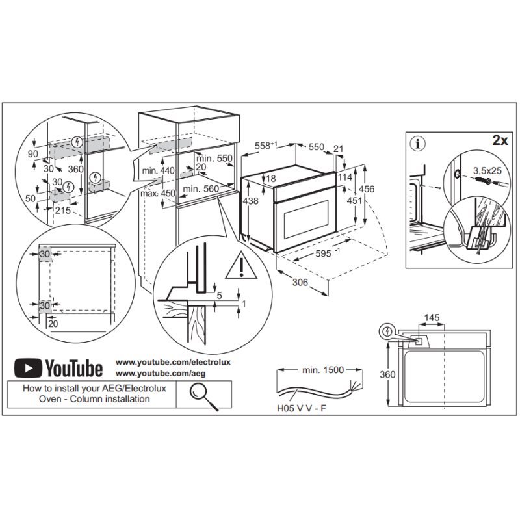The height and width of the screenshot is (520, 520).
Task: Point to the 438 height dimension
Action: coord(250,201)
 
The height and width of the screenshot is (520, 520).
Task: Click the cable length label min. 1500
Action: coord(323,370)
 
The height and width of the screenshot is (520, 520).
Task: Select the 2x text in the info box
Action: coord(500,140)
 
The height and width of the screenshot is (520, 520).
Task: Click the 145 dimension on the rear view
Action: coord(432,318)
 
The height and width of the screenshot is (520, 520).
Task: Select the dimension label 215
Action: coord(63,211)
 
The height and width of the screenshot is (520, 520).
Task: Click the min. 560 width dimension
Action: coord(200,189)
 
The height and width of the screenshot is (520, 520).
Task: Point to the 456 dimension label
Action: coord(367,188)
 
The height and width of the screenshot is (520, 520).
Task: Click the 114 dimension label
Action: coord(345,177)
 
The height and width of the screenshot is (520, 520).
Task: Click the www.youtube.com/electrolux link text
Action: coord(173,361)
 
